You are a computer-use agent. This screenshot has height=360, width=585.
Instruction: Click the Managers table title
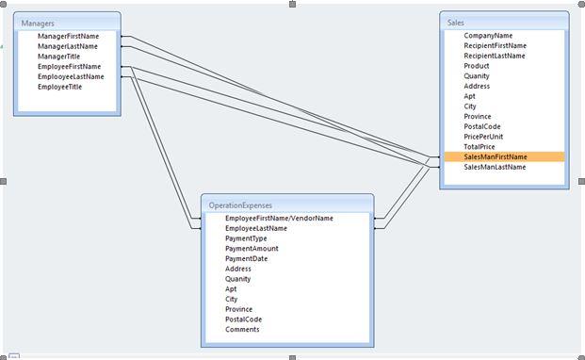pos(39,22)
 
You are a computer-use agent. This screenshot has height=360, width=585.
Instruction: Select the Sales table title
pos(457,22)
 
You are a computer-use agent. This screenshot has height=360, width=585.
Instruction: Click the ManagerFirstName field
pos(68,36)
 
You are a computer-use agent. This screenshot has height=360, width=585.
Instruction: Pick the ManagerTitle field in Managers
pos(58,57)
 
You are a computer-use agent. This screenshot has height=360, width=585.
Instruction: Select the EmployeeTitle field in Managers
pos(59,87)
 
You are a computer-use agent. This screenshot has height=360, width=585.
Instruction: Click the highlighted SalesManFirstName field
pos(496,157)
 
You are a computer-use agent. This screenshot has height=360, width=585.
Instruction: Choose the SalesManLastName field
pos(495,168)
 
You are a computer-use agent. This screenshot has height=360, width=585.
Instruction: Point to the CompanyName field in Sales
pos(488,36)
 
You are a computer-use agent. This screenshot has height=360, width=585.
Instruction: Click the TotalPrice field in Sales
pos(479,147)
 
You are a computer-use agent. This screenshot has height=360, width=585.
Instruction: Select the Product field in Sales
pos(477,66)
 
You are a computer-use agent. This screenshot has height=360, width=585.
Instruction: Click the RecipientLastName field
pos(495,56)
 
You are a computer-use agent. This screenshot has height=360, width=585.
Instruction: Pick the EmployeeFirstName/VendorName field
pos(279,218)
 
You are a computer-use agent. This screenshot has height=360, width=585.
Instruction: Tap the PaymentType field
pos(246,238)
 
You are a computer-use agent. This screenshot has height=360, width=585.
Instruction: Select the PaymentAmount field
pos(252,249)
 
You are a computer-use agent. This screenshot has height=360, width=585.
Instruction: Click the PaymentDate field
pos(246,259)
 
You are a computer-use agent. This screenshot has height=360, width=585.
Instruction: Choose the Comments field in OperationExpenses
pos(242,330)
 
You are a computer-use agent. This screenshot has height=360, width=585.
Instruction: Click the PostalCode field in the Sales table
pos(482,127)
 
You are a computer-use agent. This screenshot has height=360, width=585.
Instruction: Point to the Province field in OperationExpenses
pos(239,309)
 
